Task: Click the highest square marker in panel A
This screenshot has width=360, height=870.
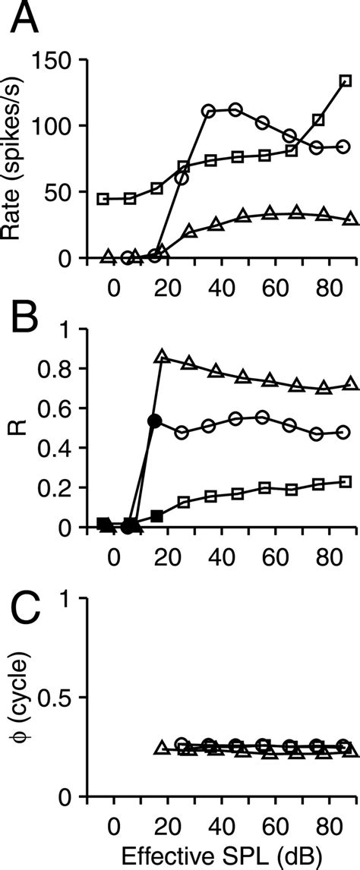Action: click(x=345, y=80)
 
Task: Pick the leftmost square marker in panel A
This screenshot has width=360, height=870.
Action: click(x=103, y=199)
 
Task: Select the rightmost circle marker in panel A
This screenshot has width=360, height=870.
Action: click(x=343, y=146)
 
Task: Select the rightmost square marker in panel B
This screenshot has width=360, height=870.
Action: click(x=346, y=481)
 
